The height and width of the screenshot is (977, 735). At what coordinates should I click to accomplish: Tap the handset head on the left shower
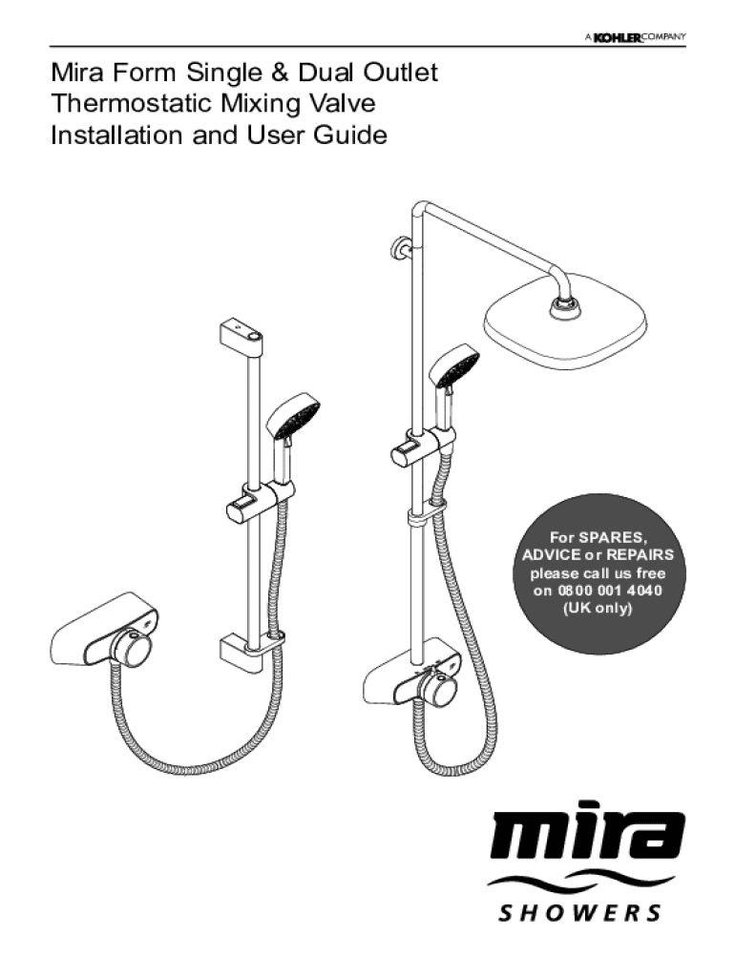(295, 417)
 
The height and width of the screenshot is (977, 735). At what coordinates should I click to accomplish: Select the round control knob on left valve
(131, 650)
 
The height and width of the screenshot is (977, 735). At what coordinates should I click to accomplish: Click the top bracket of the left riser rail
(242, 333)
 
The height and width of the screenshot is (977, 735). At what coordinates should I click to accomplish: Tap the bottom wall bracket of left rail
(244, 649)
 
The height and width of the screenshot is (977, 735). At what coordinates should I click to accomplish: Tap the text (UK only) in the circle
(598, 608)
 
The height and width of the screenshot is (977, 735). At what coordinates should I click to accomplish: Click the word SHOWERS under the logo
(580, 914)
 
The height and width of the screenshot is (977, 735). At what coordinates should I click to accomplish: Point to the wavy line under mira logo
(580, 883)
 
